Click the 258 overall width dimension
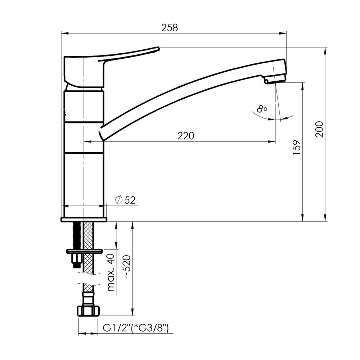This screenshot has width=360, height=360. tap(170, 28)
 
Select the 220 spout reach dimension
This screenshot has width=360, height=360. tap(186, 136)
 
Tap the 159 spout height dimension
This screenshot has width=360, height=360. tap(297, 147)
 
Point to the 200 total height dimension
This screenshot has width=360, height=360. tap(319, 129)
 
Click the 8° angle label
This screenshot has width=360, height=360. tap(262, 108)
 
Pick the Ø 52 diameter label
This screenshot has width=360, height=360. tap(125, 200)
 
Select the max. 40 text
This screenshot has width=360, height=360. tap(111, 273)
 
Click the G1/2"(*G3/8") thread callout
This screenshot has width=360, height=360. tap(136, 328)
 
